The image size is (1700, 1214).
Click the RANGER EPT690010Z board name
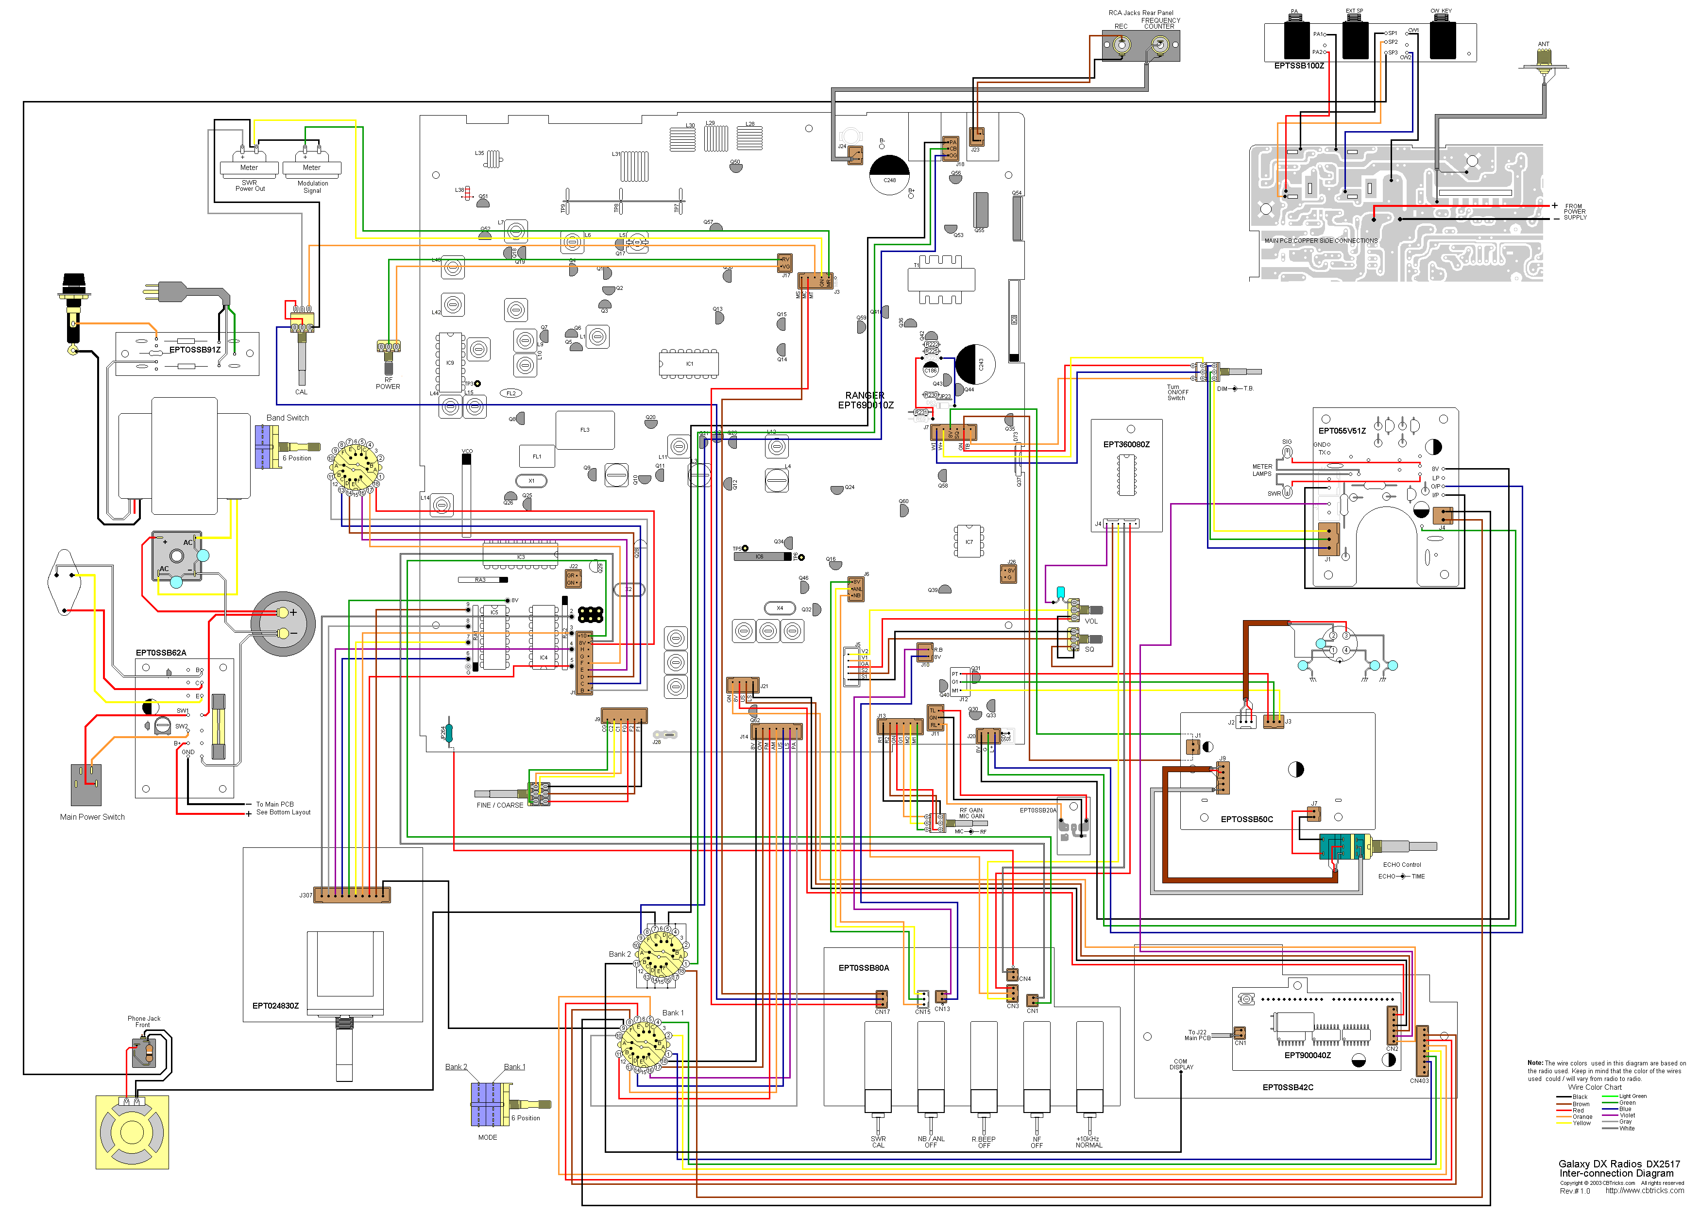[x=865, y=401]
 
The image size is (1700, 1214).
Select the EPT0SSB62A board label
[x=161, y=653]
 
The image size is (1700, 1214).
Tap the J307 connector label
[x=306, y=895]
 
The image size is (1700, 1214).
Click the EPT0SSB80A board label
[x=864, y=968]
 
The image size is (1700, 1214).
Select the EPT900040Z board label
[x=1308, y=1056]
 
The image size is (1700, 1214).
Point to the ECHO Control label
[x=1402, y=865]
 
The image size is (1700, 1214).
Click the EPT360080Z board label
[x=1126, y=445]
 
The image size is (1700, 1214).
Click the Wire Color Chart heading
[x=1595, y=1088]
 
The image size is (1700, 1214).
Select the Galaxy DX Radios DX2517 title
[x=1618, y=1164]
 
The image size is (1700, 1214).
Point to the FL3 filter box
[x=585, y=430]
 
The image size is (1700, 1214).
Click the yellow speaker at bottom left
[x=132, y=1132]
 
